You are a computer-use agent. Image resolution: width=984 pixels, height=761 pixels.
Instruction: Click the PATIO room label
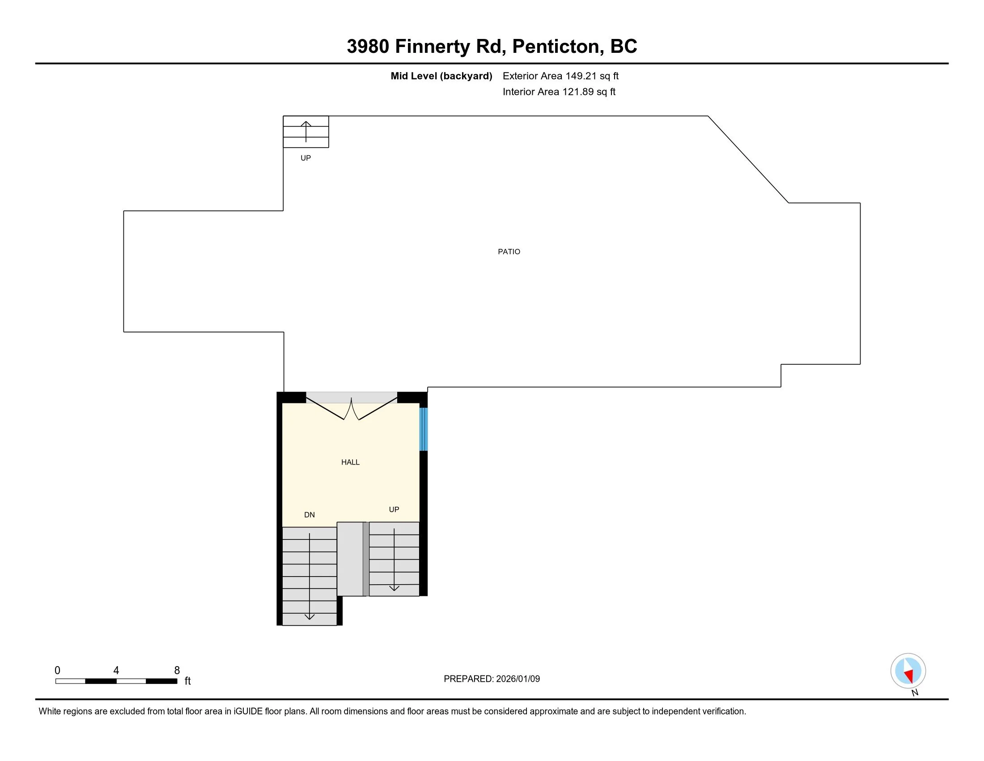tap(509, 252)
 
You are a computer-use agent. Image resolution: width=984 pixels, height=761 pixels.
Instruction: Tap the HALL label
tap(350, 462)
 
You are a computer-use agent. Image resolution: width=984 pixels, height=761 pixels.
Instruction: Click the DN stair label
tap(309, 515)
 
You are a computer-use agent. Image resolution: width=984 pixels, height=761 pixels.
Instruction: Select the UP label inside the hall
tap(394, 509)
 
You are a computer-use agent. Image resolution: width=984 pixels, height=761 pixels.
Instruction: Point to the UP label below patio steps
tap(305, 158)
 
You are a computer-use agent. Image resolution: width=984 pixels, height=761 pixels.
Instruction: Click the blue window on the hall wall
tap(423, 429)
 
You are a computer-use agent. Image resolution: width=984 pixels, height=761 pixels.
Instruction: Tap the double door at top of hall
tap(352, 408)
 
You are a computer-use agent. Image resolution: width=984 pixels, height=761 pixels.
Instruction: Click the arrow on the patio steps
tap(306, 131)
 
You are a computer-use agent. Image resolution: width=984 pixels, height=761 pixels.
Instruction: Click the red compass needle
tap(909, 675)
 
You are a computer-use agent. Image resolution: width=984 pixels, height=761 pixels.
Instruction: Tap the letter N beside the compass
tap(915, 693)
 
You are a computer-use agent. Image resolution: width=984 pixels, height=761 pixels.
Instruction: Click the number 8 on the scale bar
tap(177, 670)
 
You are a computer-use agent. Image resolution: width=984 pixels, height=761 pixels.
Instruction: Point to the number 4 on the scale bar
tap(116, 670)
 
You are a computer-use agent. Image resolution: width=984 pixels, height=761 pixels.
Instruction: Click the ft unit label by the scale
tap(187, 681)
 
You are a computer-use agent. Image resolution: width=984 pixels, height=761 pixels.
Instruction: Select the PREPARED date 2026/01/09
tap(517, 679)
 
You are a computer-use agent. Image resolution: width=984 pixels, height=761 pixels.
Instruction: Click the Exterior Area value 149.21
tap(581, 76)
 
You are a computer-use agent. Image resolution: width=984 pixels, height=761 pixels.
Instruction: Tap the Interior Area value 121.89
tap(577, 91)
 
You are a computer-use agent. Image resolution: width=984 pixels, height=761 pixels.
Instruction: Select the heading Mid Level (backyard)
tap(441, 76)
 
